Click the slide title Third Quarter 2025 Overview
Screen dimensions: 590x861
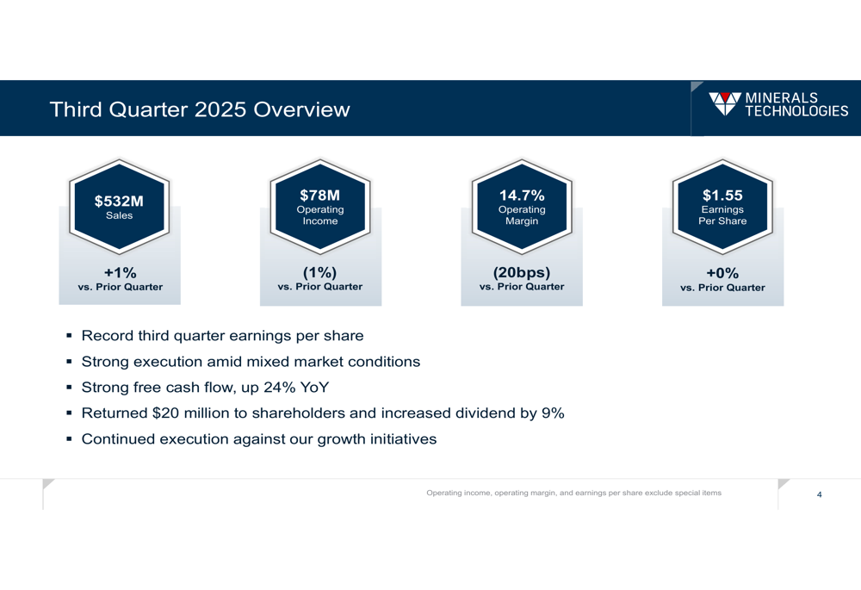(200, 110)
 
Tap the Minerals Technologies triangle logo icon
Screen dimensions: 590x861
(724, 103)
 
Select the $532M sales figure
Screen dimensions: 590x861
(119, 202)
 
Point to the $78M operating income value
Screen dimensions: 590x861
(319, 196)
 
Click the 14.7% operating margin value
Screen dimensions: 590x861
(522, 196)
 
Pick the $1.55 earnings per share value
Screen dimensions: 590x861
(722, 196)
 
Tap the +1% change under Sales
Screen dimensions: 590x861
(120, 272)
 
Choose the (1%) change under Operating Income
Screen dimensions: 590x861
(319, 272)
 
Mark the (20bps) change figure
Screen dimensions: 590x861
(522, 272)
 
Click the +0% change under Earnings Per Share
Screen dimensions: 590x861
(722, 273)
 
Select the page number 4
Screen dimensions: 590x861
(819, 494)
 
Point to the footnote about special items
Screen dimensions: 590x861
(574, 493)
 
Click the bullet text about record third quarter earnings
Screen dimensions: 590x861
(222, 336)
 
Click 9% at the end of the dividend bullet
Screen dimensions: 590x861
(553, 413)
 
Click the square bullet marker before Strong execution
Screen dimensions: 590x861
(68, 362)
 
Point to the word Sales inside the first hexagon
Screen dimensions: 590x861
(119, 215)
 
